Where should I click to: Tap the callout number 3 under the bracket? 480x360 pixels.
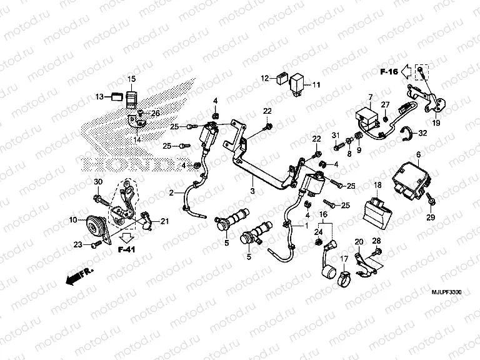(x=252, y=191)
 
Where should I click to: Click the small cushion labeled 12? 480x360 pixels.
(x=279, y=79)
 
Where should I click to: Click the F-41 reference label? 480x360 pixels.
(x=127, y=249)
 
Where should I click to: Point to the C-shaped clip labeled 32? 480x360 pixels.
(x=406, y=132)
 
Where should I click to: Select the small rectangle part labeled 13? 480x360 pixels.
(x=116, y=96)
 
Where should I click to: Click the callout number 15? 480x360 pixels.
(x=132, y=79)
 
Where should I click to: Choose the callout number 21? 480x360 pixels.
(x=165, y=221)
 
